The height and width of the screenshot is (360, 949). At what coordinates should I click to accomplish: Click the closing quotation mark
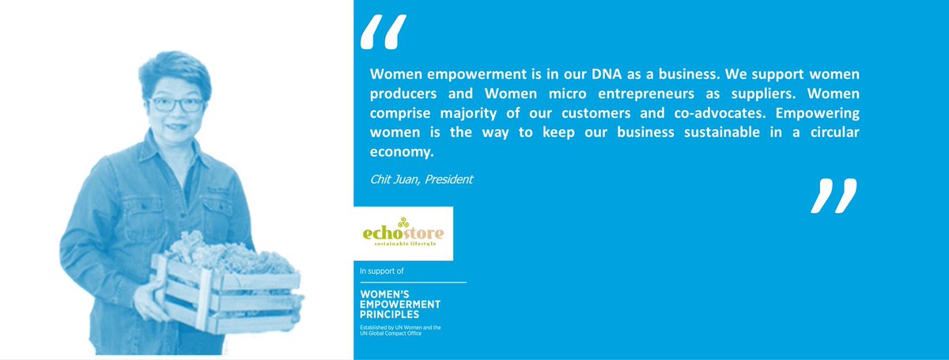834,196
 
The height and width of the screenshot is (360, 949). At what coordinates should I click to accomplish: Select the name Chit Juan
394,179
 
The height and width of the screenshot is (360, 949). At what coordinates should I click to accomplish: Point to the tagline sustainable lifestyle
404,244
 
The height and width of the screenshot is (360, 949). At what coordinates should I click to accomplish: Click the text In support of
380,271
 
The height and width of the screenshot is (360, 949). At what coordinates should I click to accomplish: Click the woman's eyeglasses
172,104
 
